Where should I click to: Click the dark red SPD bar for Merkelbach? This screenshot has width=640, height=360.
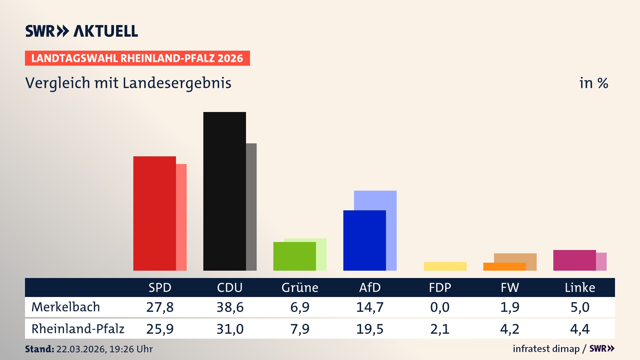click(154, 213)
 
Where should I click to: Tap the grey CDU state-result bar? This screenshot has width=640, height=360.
click(251, 207)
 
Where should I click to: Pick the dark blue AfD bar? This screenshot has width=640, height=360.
click(364, 240)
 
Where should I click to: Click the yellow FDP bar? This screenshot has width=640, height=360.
click(445, 266)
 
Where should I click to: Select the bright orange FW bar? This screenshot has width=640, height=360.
click(504, 267)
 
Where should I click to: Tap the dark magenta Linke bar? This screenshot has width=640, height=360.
click(574, 260)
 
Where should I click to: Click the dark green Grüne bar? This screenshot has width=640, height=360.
click(294, 256)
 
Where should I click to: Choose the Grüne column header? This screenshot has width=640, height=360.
click(300, 288)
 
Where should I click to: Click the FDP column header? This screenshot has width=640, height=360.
click(440, 288)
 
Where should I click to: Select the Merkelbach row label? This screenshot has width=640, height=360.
click(66, 307)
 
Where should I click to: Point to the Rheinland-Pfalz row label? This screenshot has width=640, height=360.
click(78, 329)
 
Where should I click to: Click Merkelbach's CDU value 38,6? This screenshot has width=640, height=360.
click(230, 307)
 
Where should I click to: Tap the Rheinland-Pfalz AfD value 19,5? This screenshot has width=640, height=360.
click(370, 329)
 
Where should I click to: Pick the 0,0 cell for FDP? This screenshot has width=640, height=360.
click(440, 307)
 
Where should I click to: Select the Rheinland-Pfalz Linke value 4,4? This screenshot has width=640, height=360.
click(580, 329)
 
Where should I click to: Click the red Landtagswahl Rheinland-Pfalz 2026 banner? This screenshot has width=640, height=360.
click(137, 58)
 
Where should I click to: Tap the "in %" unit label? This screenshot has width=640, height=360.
click(593, 83)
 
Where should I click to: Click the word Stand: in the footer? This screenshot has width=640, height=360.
click(39, 349)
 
